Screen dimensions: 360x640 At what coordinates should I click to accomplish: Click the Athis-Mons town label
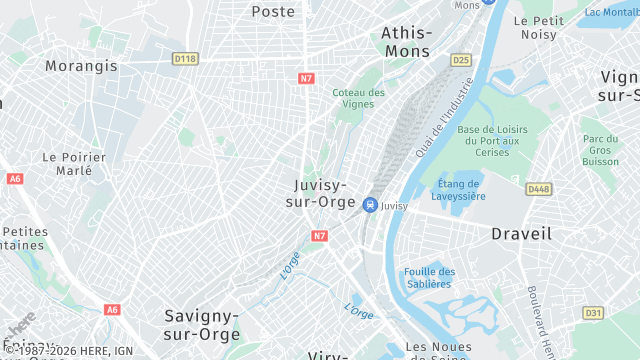tap(405, 41)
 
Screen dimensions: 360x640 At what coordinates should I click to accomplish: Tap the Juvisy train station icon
tap(370, 205)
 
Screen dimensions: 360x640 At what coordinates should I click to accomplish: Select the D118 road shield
tap(185, 59)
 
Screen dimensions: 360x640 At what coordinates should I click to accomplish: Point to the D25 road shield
tap(460, 60)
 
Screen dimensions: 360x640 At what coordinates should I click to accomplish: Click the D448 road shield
tap(539, 189)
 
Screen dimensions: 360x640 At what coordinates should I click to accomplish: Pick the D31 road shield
tap(593, 313)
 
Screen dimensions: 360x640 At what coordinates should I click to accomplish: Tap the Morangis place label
tap(81, 66)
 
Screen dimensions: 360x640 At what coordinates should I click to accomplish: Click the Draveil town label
tap(521, 233)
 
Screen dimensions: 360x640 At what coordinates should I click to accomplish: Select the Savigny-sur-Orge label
tap(202, 325)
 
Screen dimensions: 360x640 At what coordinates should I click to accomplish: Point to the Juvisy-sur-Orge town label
tap(321, 194)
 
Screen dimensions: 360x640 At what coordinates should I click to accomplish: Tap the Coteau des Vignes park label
tap(359, 98)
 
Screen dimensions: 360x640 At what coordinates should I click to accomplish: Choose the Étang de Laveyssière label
tap(461, 189)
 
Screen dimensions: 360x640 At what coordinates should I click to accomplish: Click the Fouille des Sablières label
tap(430, 277)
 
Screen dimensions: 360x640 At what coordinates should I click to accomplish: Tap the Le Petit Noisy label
tap(539, 26)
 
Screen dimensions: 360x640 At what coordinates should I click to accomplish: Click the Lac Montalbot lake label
tap(611, 12)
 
